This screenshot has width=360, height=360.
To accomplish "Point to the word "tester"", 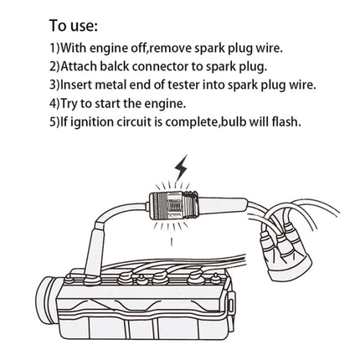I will (x=174, y=85).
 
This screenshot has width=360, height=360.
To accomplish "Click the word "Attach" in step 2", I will (x=50, y=67).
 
